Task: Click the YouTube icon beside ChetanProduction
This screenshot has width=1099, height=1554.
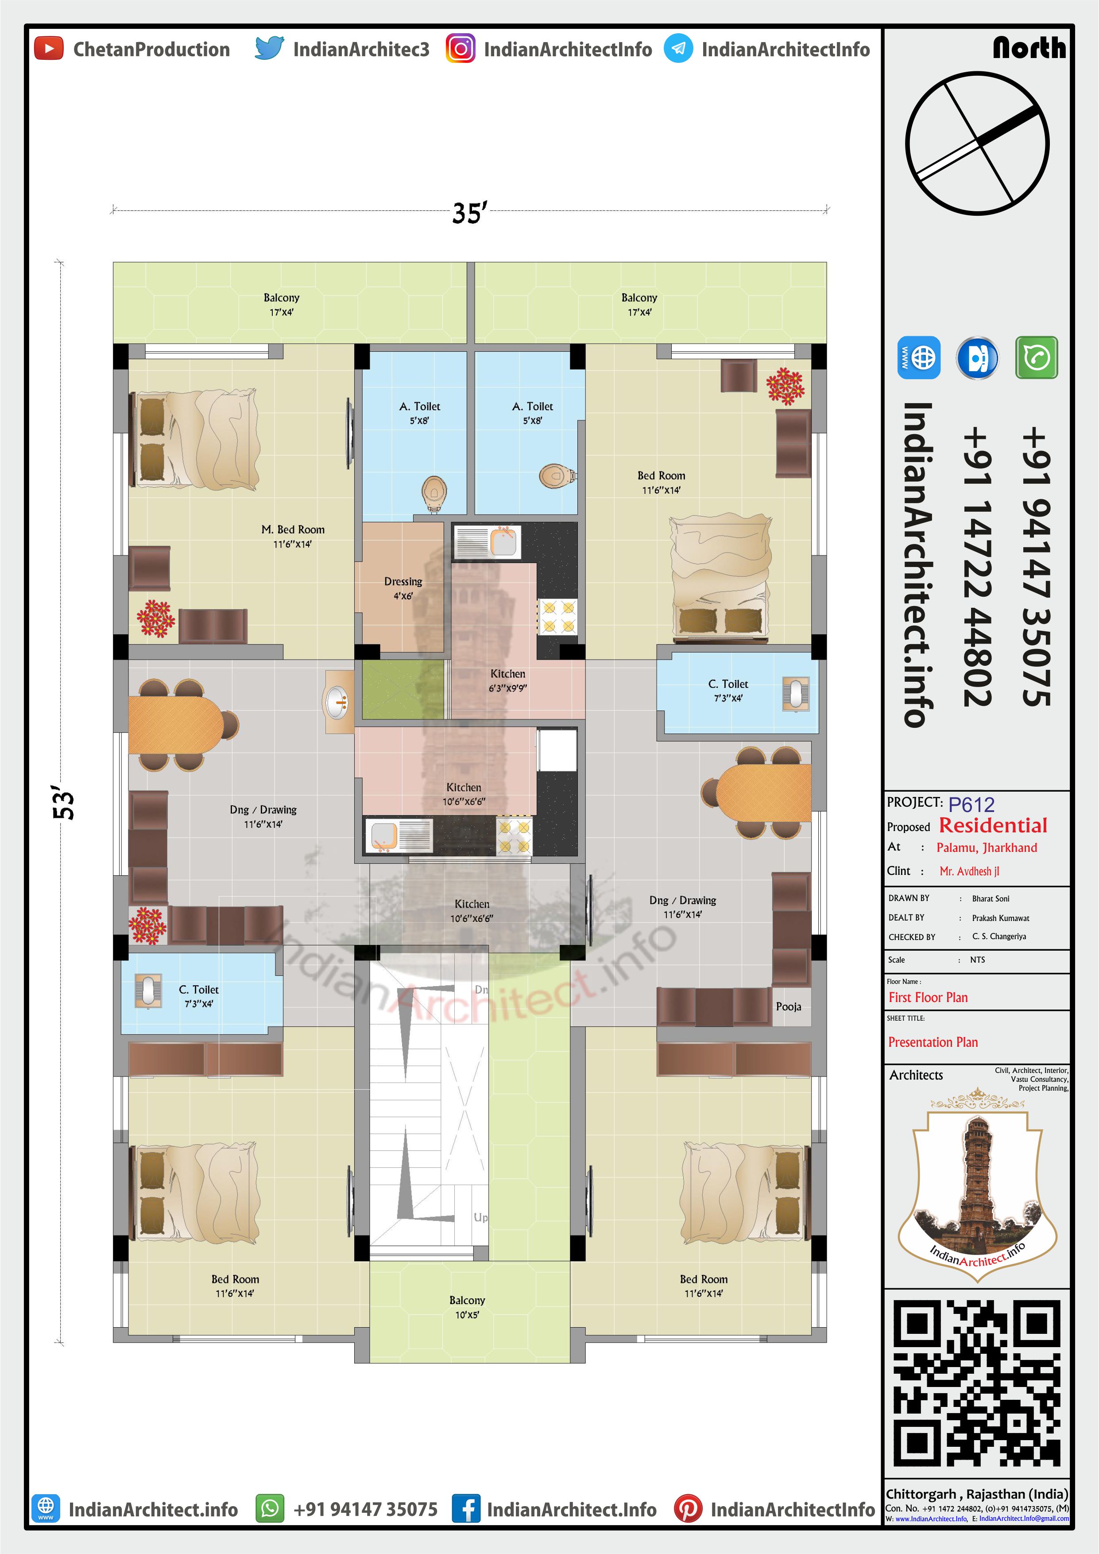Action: click(49, 49)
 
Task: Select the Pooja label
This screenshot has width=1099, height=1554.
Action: click(788, 1006)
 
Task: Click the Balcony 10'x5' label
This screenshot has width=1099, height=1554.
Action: click(467, 1307)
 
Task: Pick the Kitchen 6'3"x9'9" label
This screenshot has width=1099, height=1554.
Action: click(507, 680)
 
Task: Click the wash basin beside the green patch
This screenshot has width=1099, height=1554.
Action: click(338, 702)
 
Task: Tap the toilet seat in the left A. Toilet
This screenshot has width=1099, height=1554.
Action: click(434, 493)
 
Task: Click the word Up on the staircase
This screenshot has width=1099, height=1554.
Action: click(480, 1217)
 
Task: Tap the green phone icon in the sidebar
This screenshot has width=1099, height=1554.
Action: click(1036, 357)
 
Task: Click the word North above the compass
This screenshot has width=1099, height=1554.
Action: click(1029, 47)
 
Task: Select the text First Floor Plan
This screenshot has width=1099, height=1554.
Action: click(928, 997)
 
